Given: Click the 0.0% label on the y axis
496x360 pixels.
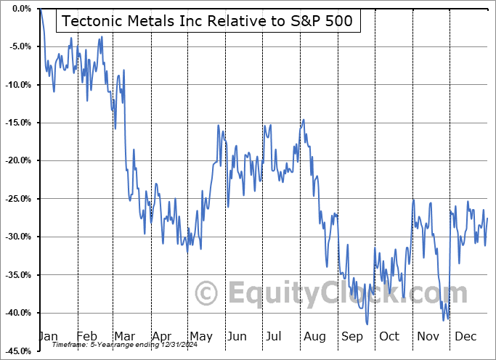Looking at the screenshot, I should click(x=20, y=9).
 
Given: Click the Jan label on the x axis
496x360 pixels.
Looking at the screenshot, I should click(x=48, y=337).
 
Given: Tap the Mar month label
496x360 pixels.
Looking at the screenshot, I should click(x=124, y=337).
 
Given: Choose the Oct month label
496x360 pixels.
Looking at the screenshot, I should click(x=389, y=337).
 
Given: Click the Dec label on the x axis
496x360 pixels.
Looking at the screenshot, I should click(x=465, y=337).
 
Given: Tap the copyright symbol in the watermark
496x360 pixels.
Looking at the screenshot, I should click(x=207, y=293).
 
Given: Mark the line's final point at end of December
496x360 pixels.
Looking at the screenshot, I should click(x=487, y=218).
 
